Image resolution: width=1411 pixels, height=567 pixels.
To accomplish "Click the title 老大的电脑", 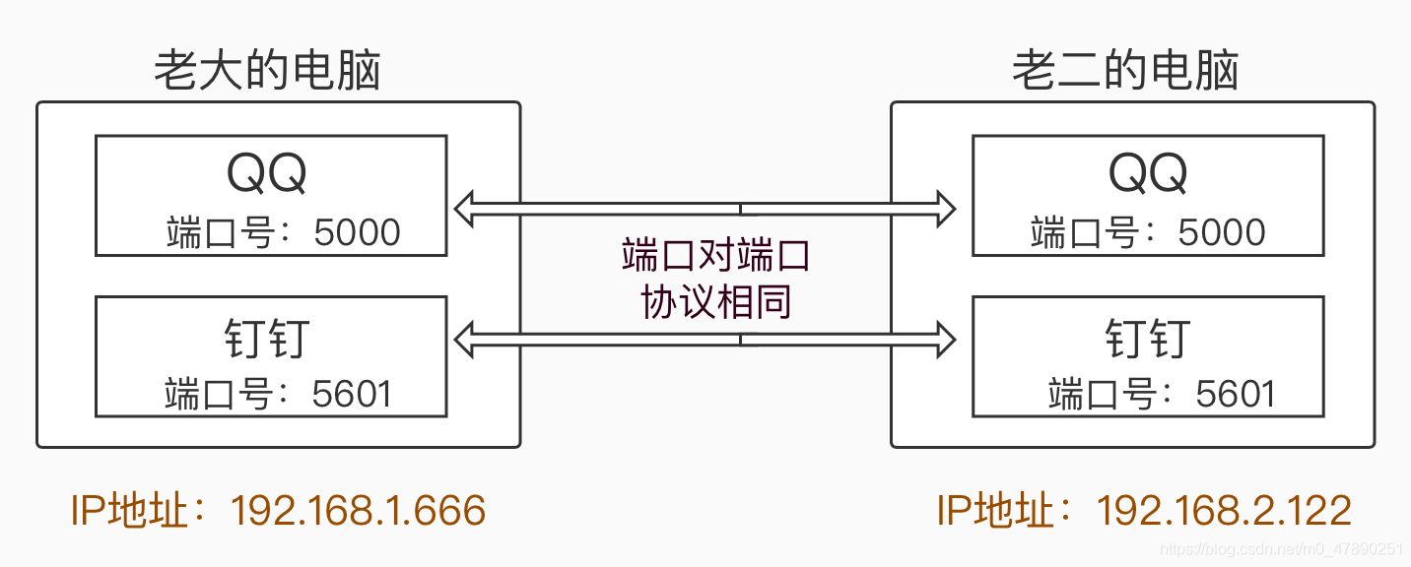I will point(267,71).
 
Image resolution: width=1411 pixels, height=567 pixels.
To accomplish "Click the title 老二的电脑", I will point(1125,71).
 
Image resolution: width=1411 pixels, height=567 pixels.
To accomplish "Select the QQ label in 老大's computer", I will point(267,174).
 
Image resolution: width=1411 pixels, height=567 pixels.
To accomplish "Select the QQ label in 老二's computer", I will point(1148,174).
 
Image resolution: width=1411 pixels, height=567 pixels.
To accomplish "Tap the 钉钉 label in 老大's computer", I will point(267,338).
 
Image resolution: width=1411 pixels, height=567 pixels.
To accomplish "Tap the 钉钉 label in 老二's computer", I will point(1148,338).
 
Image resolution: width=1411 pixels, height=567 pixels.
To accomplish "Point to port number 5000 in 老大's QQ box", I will point(357,233).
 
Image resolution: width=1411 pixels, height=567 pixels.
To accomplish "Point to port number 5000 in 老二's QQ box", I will point(1222,233).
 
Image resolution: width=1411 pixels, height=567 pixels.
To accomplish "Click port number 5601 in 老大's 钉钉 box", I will point(352,394).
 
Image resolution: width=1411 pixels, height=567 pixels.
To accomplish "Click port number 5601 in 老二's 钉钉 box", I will point(1236,394).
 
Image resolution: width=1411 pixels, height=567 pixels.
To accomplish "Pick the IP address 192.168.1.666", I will point(358,511).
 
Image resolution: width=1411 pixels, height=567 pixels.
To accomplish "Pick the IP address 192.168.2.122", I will point(1224,511).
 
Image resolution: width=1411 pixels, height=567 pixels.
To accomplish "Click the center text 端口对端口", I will point(715,255).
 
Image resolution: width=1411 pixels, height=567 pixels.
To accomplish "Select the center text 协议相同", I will point(715,302).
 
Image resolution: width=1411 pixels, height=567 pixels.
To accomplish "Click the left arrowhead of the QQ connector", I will point(464,209).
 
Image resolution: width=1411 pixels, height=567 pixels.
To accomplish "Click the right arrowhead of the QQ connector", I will point(946,209).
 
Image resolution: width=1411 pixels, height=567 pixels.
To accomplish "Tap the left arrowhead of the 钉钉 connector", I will point(464,340).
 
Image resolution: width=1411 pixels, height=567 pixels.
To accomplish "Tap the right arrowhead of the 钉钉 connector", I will point(946,340).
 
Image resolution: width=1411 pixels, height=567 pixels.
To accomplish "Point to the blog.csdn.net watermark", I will point(1281,549).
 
